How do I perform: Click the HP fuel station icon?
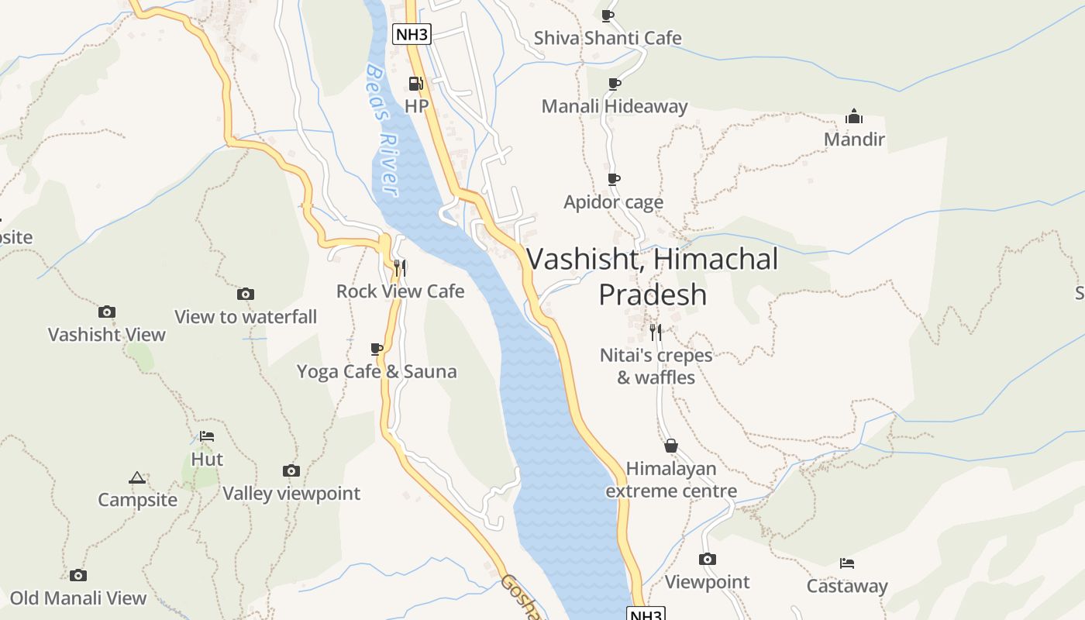[x=416, y=84]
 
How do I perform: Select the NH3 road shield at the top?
[x=412, y=34]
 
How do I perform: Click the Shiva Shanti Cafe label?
[x=608, y=38]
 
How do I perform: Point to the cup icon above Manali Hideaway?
[x=614, y=84]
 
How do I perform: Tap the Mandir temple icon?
[x=854, y=117]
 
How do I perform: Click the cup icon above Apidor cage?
[x=614, y=180]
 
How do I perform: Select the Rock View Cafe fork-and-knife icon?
[x=400, y=268]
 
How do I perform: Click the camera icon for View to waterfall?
[x=246, y=294]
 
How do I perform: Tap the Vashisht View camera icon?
[x=107, y=312]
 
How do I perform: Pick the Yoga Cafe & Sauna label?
[x=377, y=372]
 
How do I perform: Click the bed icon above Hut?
[x=207, y=436]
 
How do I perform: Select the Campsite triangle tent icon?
[x=137, y=477]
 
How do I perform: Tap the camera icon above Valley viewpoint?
[x=291, y=470]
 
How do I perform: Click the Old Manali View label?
[x=77, y=598]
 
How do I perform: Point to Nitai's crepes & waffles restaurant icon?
[x=656, y=332]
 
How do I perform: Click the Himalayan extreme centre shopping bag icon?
[x=671, y=446]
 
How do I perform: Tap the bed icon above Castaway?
[x=847, y=563]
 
